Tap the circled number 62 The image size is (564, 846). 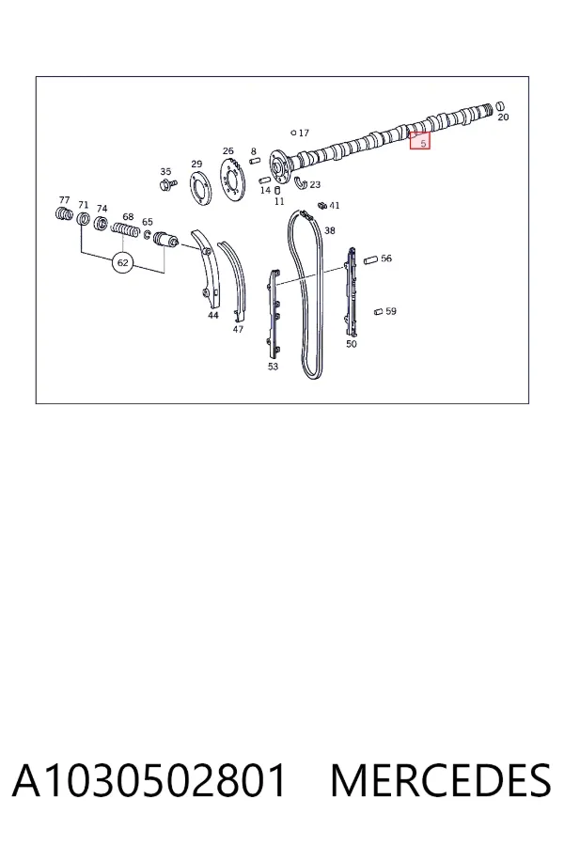coord(123,263)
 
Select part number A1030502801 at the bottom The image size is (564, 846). coord(149,780)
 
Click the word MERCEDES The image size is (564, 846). coord(441,780)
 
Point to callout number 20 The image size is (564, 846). coord(503,117)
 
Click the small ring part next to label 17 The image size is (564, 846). coord(293,133)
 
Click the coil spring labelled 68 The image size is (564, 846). coord(127,231)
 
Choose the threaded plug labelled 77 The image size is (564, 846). coord(64,213)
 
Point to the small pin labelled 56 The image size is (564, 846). coord(370,259)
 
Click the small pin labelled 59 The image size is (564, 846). coord(378,311)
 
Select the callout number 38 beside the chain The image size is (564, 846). coord(330,230)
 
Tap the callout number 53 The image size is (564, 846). coord(274,367)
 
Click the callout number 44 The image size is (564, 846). coord(213,315)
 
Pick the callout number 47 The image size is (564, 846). coord(238,329)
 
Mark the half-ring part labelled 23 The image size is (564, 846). coord(300,183)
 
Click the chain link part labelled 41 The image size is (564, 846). coord(322,206)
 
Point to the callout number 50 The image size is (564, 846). coord(352,344)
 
